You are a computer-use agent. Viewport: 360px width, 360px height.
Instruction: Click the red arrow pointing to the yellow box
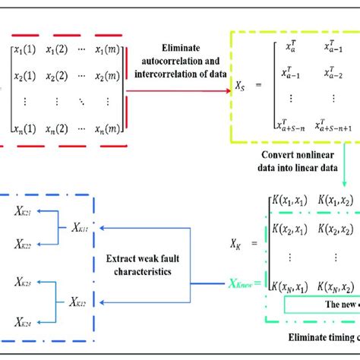coord(178,91)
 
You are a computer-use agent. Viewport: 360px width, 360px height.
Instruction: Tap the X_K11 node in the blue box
coord(77,207)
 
